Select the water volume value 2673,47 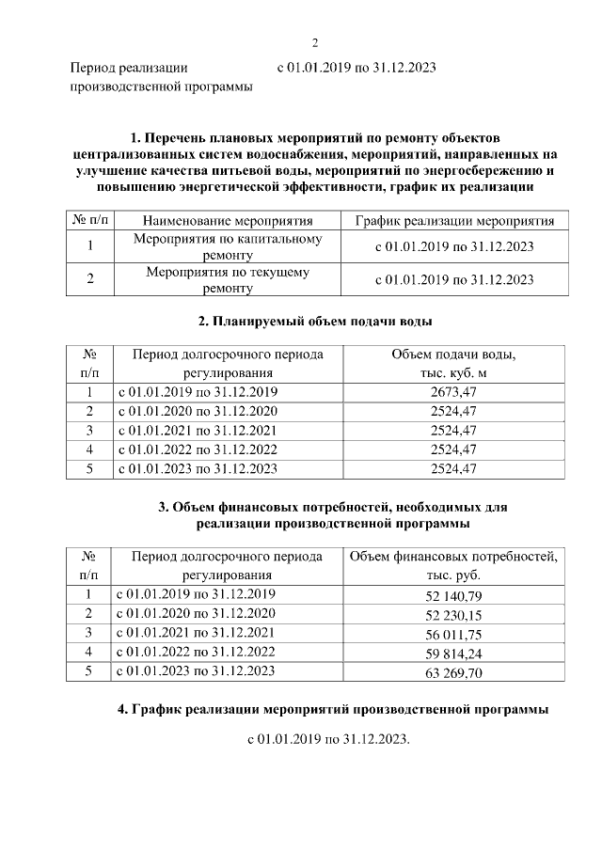click(453, 392)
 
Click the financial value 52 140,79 click(453, 595)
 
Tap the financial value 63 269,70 click(453, 672)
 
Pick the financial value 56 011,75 click(453, 634)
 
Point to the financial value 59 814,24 click(453, 653)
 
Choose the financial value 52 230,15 click(453, 614)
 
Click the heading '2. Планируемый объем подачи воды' click(315, 322)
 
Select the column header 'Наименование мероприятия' click(228, 221)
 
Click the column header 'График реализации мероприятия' click(454, 221)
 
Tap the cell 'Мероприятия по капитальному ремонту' click(228, 246)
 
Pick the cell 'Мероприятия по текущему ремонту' click(228, 279)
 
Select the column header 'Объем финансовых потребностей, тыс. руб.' click(453, 565)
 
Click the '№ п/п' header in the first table click(87, 221)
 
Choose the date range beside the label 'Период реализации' click(356, 69)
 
